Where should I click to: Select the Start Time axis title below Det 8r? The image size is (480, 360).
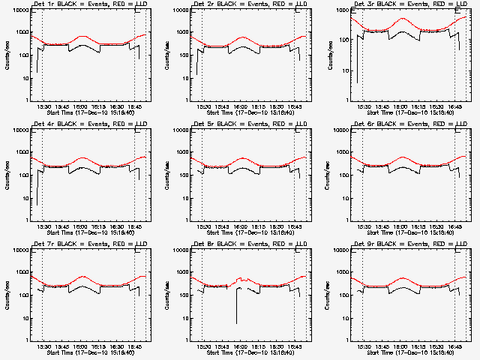(x=249, y=352)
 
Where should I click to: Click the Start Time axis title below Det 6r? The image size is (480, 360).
(x=409, y=232)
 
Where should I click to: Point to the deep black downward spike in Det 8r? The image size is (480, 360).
(x=237, y=321)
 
